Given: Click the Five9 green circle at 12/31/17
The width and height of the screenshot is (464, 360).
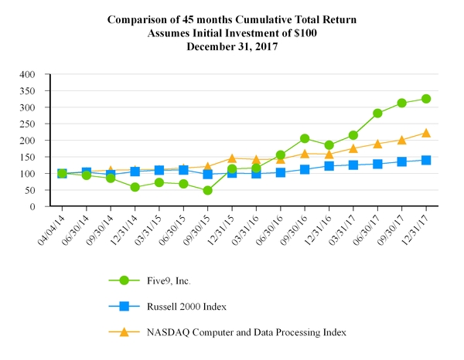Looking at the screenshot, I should click(425, 99).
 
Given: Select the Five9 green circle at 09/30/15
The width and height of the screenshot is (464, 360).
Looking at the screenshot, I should click(207, 190).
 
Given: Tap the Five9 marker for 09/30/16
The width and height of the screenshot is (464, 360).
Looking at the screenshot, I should click(305, 139).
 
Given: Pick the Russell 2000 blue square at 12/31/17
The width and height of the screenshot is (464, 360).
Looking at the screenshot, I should click(425, 160).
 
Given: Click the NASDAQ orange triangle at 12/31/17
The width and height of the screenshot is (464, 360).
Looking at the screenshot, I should click(425, 133).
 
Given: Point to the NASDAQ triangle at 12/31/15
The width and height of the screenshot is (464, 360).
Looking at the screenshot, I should click(231, 158).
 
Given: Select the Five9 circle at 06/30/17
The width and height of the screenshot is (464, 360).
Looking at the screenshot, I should click(377, 113).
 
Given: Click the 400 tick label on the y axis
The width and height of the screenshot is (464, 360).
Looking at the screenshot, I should click(29, 75).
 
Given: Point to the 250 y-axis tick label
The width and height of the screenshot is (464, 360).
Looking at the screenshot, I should click(29, 124).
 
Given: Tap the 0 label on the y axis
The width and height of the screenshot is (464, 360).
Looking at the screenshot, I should click(34, 207).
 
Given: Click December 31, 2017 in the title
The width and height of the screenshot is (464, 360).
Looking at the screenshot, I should click(232, 46).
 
